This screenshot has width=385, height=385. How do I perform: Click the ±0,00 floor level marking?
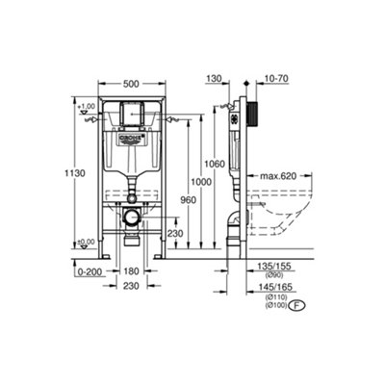[x=90, y=242]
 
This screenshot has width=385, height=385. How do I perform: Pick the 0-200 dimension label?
[x=90, y=271]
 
